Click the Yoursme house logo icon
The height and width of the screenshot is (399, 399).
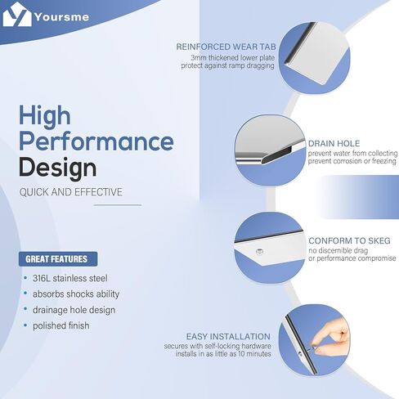pyautogui.click(x=17, y=14)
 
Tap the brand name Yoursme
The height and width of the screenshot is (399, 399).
pyautogui.click(x=62, y=17)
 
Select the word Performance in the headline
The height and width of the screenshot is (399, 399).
pyautogui.click(x=96, y=141)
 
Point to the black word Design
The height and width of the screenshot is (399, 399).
pyautogui.click(x=57, y=168)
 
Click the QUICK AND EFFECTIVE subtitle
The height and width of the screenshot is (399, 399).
pyautogui.click(x=71, y=192)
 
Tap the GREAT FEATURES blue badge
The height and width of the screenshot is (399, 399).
pyautogui.click(x=58, y=259)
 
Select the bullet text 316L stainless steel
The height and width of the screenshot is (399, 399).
pyautogui.click(x=70, y=278)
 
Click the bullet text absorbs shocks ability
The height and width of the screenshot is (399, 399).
pyautogui.click(x=76, y=294)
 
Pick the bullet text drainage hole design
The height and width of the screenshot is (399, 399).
pyautogui.click(x=74, y=310)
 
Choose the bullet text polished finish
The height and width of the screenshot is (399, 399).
pyautogui.click(x=61, y=325)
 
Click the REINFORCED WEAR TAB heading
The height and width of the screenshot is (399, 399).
pyautogui.click(x=226, y=47)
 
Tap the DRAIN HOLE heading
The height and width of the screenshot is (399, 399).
pyautogui.click(x=334, y=143)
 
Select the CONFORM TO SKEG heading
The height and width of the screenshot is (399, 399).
pyautogui.click(x=349, y=240)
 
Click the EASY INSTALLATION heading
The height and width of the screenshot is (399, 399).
pyautogui.click(x=228, y=337)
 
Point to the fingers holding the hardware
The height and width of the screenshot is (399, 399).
pyautogui.click(x=331, y=338)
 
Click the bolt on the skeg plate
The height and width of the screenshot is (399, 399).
pyautogui.click(x=259, y=251)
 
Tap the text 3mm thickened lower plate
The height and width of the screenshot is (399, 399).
pyautogui.click(x=232, y=58)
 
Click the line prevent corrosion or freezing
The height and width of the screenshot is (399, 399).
pyautogui.click(x=352, y=161)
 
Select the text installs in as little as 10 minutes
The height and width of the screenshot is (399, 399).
pyautogui.click(x=223, y=354)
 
